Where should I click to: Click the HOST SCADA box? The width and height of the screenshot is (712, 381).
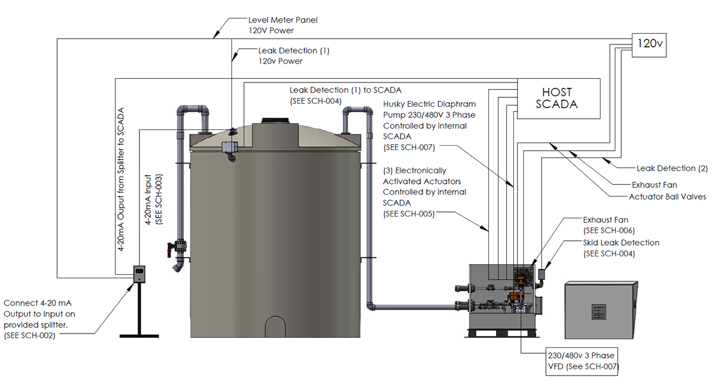pos(557,99)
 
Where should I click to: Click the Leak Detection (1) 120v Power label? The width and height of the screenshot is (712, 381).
pos(293,56)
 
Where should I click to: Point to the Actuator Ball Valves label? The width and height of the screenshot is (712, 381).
pos(667,196)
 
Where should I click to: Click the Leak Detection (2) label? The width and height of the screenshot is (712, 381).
pos(672,168)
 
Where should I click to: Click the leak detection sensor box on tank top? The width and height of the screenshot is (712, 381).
pos(228,147)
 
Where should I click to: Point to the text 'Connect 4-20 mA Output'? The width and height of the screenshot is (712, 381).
pos(40,308)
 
